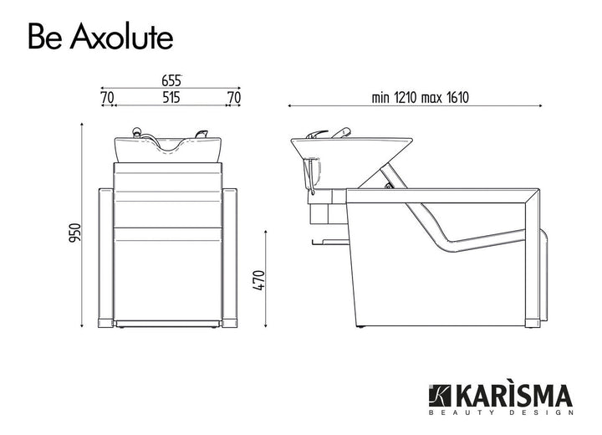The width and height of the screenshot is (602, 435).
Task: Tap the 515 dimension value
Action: pos(171,97)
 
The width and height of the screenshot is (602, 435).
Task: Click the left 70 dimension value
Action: pos(107,97)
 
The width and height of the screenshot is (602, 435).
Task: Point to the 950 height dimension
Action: pos(74,233)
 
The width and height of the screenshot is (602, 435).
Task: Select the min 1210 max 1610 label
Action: pos(420,97)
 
